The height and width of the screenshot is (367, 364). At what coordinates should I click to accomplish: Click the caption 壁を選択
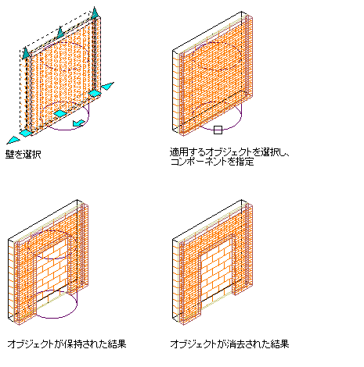click(23, 155)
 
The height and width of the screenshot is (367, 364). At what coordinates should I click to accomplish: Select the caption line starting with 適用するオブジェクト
click(230, 151)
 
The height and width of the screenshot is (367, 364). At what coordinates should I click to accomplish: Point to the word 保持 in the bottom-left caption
click(72, 344)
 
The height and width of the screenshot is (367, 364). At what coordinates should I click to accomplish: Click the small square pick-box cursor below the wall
click(218, 130)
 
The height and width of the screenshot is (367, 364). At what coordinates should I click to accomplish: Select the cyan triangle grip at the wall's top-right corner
click(95, 13)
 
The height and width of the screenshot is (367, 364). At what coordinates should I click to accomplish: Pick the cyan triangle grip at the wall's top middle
click(60, 32)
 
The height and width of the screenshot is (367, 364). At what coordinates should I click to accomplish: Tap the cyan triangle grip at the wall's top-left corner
click(26, 53)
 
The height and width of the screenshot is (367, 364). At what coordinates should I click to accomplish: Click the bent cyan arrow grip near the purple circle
click(79, 123)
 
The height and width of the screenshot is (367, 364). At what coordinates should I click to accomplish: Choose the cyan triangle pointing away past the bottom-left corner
click(13, 141)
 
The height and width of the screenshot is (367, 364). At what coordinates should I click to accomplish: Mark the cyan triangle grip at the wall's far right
click(107, 86)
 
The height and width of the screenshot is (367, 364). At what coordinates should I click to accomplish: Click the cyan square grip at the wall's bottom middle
click(60, 113)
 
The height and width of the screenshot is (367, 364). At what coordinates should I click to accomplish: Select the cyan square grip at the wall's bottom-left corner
click(26, 133)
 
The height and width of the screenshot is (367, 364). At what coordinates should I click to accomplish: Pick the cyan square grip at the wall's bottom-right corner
click(95, 94)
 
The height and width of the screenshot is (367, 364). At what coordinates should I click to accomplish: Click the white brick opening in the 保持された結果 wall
click(52, 271)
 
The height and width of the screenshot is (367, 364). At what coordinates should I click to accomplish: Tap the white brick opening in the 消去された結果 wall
click(216, 271)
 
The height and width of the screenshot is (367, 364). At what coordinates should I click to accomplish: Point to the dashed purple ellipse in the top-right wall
click(216, 56)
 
